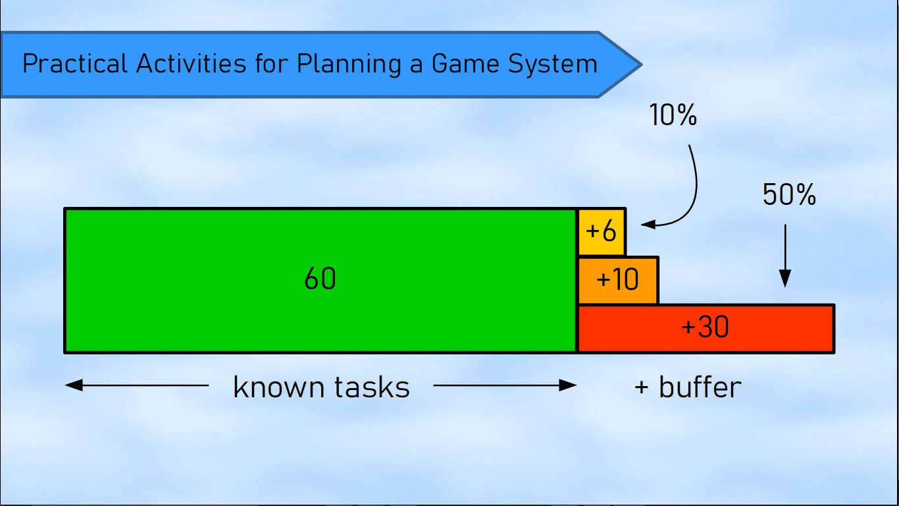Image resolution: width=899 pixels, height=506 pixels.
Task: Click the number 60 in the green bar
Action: [x=320, y=279]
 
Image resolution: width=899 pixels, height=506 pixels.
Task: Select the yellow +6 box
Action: [x=602, y=232]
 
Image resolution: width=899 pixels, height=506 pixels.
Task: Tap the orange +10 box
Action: [x=618, y=280]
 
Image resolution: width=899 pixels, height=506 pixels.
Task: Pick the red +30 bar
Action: [x=706, y=329]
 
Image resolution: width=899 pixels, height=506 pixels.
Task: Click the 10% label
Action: [x=673, y=115]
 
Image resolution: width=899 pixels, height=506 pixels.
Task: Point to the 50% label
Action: [x=789, y=194]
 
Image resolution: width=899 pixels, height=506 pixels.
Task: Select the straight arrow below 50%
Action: [x=785, y=256]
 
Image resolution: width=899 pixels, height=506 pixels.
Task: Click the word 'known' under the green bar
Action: [x=279, y=387]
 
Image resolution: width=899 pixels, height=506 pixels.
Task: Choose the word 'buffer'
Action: [x=700, y=387]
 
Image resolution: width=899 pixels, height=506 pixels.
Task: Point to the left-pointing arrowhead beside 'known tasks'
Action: [x=74, y=385]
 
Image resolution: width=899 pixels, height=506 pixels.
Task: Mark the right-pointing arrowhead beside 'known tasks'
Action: [x=568, y=385]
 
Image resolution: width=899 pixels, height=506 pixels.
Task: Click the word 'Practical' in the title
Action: [x=74, y=63]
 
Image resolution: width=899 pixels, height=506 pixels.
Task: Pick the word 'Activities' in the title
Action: [x=191, y=63]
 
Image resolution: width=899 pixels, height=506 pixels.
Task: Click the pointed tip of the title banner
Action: [x=642, y=65]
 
